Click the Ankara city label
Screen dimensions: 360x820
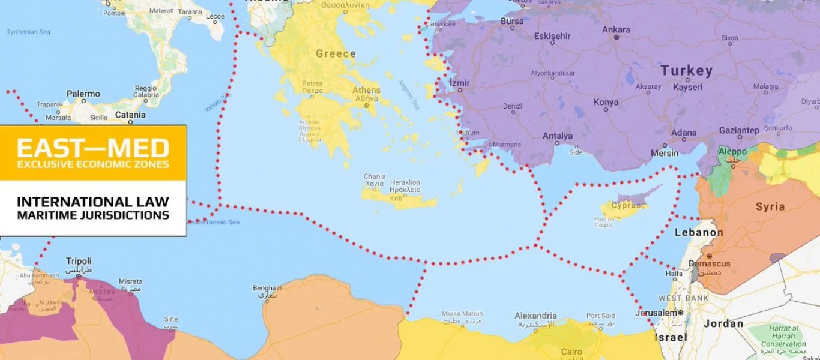pyautogui.click(x=616, y=29)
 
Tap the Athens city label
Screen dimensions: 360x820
pyautogui.click(x=366, y=91)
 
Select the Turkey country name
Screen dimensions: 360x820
pyautogui.click(x=687, y=70)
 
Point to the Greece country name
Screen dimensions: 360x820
pyautogui.click(x=336, y=53)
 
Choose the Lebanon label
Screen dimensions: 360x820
pyautogui.click(x=699, y=232)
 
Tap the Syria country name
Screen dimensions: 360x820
pyautogui.click(x=770, y=206)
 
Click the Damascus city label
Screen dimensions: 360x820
pyautogui.click(x=710, y=263)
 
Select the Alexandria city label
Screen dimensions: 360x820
pyautogui.click(x=535, y=316)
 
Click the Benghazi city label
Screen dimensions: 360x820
pyautogui.click(x=267, y=288)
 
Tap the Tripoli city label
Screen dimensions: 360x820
pyautogui.click(x=79, y=261)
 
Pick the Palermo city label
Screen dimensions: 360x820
pyautogui.click(x=83, y=94)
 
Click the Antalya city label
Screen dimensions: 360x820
pyautogui.click(x=558, y=136)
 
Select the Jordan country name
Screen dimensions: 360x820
pyautogui.click(x=723, y=324)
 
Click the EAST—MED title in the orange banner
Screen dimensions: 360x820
pyautogui.click(x=93, y=148)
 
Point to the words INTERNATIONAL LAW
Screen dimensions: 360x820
pyautogui.click(x=93, y=202)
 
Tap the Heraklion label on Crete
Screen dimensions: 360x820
pyautogui.click(x=405, y=182)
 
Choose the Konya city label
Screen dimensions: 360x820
pyautogui.click(x=606, y=102)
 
